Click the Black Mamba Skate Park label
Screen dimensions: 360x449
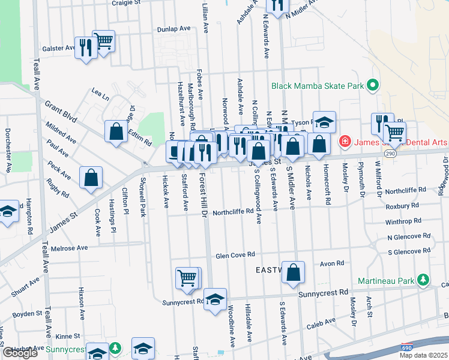tap(318, 86)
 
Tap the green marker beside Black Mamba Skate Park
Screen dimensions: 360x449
tap(373, 86)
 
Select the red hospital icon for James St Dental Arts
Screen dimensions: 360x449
tap(345, 142)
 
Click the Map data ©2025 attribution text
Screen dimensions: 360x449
tap(424, 355)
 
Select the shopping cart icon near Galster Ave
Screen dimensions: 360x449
tap(104, 42)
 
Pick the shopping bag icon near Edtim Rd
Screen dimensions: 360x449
tap(115, 132)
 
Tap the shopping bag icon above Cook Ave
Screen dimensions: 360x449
tap(91, 178)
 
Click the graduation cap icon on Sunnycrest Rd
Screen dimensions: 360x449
tap(215, 299)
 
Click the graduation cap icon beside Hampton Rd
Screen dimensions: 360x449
tap(7, 212)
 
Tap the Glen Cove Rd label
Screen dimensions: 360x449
tap(236, 256)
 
